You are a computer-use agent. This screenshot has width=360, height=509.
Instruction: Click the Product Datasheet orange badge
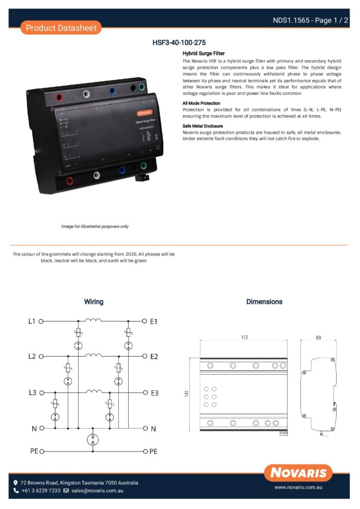click(x=61, y=28)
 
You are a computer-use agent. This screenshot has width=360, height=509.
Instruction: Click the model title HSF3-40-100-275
click(x=179, y=43)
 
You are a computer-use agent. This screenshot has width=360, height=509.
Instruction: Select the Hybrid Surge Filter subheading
click(x=204, y=53)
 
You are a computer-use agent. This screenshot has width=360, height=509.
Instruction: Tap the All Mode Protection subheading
click(x=201, y=103)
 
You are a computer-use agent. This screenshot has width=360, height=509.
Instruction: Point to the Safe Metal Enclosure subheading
click(x=203, y=126)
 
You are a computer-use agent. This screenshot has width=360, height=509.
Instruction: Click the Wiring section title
click(x=93, y=302)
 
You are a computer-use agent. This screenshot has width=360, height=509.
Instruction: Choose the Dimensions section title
click(x=264, y=302)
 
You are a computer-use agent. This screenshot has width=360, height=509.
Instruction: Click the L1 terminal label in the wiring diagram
click(x=31, y=321)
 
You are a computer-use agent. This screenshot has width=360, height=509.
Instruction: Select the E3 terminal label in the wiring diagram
click(x=154, y=393)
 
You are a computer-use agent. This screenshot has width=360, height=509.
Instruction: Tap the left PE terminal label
click(x=33, y=451)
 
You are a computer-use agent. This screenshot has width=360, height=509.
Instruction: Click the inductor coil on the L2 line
click(x=93, y=355)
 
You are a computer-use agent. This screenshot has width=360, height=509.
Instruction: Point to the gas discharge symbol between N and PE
click(x=93, y=440)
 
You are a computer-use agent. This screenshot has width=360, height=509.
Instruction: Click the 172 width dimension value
click(x=244, y=337)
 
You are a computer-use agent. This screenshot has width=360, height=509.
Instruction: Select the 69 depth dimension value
click(x=318, y=337)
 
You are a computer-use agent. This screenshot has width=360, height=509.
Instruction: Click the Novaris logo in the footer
click(x=298, y=473)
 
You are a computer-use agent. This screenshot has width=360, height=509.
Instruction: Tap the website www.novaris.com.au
click(x=299, y=489)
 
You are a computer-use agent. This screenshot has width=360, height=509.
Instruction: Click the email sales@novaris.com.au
click(x=96, y=491)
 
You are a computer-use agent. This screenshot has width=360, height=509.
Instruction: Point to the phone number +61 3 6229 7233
click(x=40, y=491)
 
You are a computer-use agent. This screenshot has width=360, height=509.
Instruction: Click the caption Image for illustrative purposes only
click(x=94, y=226)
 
